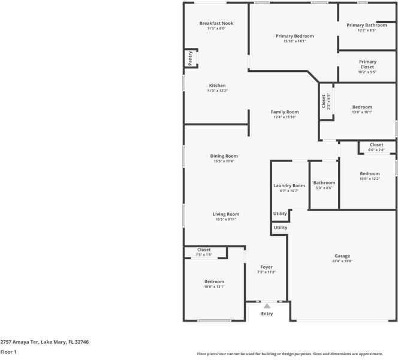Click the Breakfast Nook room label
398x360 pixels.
coord(216,23)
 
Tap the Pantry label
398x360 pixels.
coord(190,59)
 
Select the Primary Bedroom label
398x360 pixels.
coord(294,36)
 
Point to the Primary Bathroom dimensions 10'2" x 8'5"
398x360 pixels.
coord(366,31)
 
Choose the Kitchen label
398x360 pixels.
coord(217,86)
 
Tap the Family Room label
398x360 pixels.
coord(285,112)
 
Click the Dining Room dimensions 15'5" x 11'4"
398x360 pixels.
coord(224,161)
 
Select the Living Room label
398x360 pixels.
coord(226,214)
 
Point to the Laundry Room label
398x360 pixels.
coord(290,185)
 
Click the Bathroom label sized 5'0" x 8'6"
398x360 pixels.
coord(324,182)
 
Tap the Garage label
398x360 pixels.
coord(342,256)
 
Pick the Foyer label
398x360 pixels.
coord(267,267)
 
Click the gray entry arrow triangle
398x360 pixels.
coord(267,306)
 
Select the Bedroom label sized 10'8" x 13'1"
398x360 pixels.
coord(214,281)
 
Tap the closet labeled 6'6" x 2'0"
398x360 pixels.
coord(376,145)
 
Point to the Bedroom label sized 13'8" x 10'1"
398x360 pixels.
coord(362,107)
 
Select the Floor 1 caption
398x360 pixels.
coord(8,352)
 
